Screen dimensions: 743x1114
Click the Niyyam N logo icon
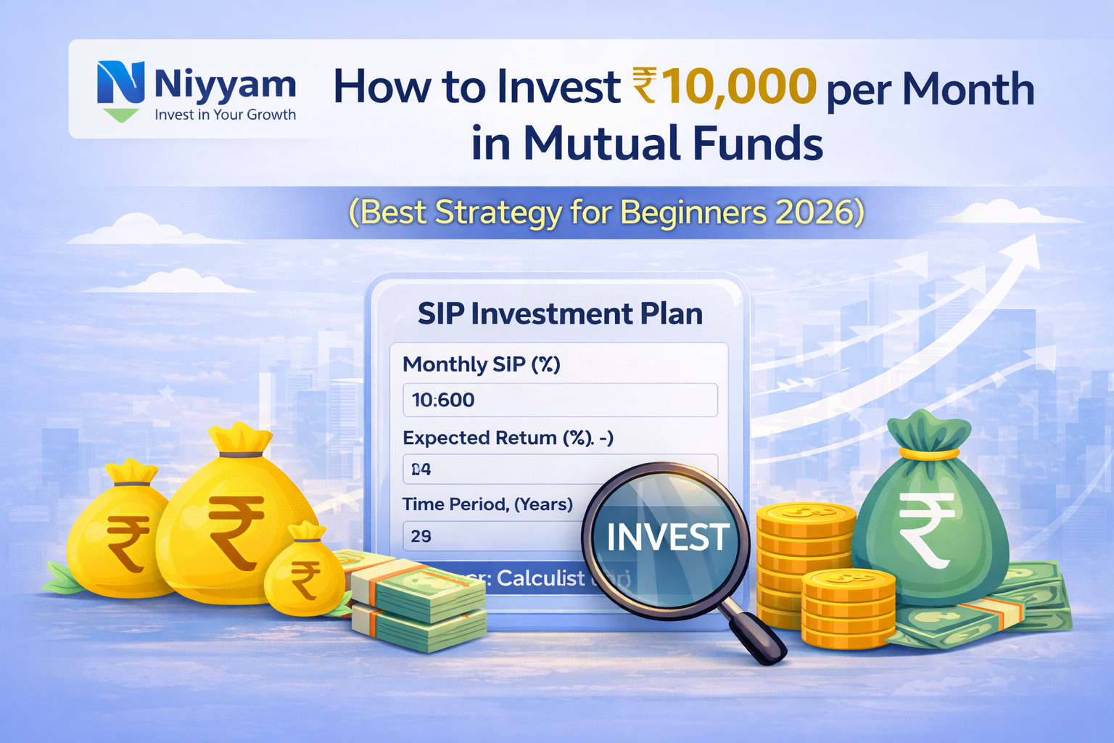120,83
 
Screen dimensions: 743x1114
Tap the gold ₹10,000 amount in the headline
725,87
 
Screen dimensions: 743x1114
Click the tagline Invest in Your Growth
225,115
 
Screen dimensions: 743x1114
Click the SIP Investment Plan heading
560,314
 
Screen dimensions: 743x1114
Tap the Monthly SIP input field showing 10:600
560,400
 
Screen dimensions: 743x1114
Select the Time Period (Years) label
487,504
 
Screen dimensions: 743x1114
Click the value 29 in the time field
421,536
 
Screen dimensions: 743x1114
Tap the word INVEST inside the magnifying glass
667,538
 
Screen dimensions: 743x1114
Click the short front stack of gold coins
849,609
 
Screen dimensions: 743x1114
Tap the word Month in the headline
968,89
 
